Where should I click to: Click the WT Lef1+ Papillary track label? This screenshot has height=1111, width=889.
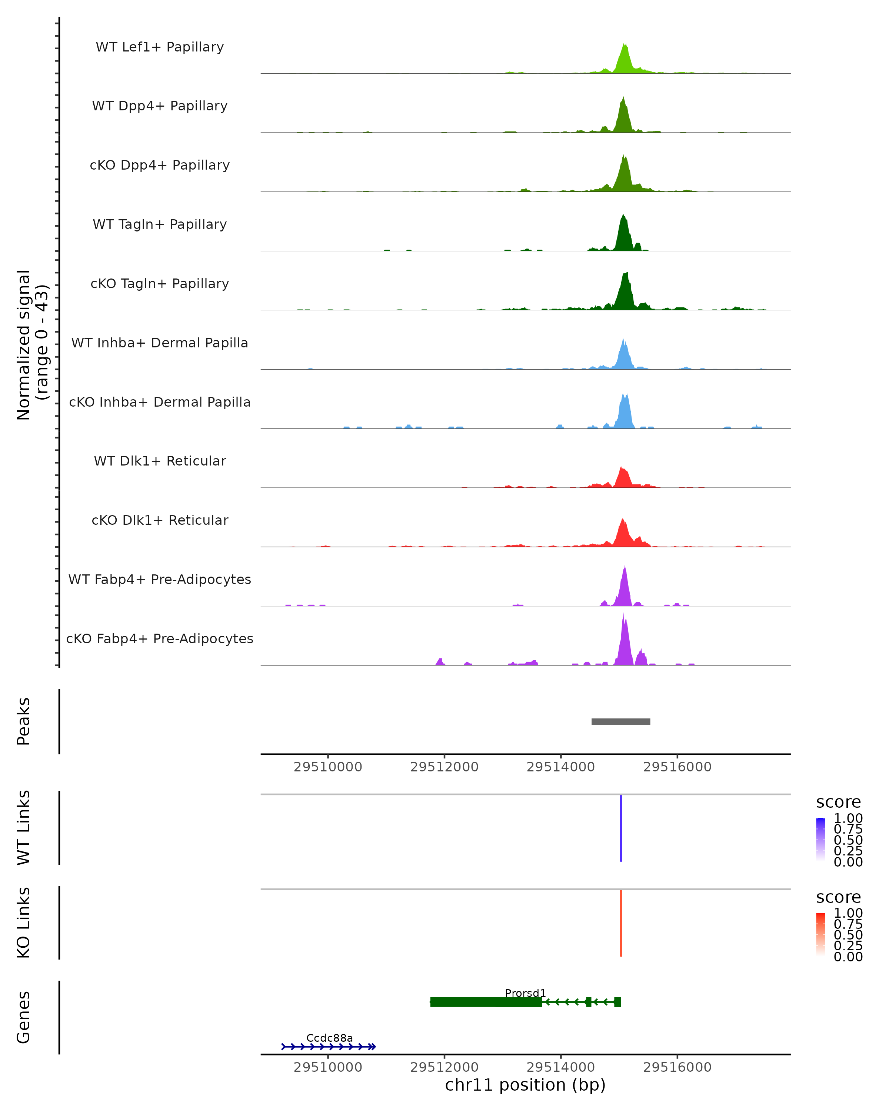pyautogui.click(x=160, y=47)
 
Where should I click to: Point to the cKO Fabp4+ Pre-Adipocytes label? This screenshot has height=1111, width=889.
pyautogui.click(x=160, y=638)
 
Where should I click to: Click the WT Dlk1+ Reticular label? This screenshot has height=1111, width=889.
pyautogui.click(x=160, y=461)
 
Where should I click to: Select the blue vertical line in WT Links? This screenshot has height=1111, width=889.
pyautogui.click(x=621, y=828)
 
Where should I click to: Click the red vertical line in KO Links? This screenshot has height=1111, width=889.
pyautogui.click(x=621, y=923)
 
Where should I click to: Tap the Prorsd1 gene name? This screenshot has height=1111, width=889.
pyautogui.click(x=525, y=993)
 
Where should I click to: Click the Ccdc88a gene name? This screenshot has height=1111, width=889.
pyautogui.click(x=329, y=1038)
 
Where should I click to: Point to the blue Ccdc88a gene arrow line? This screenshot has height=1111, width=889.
pyautogui.click(x=329, y=1047)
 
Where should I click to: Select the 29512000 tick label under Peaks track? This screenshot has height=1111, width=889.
pyautogui.click(x=444, y=767)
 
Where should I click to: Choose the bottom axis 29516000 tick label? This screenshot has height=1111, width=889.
pyautogui.click(x=677, y=1067)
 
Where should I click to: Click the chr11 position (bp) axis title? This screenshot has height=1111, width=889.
pyautogui.click(x=525, y=1085)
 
